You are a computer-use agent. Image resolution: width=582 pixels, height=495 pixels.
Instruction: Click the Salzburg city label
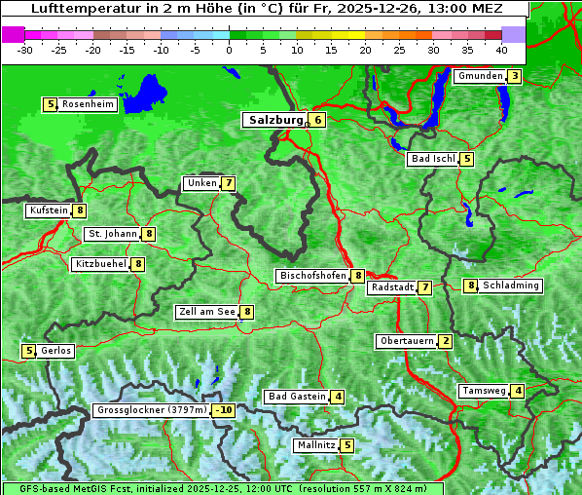[273, 120]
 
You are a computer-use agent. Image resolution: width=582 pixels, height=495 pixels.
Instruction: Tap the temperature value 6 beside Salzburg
[318, 120]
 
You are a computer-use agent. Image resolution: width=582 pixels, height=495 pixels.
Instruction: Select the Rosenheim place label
[88, 104]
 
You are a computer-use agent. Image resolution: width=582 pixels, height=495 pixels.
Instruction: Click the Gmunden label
[480, 76]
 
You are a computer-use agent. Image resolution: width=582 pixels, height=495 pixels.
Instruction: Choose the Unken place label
[201, 183]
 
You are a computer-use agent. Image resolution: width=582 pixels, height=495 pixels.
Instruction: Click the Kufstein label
[49, 210]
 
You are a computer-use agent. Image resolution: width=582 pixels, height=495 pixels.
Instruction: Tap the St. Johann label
[112, 234]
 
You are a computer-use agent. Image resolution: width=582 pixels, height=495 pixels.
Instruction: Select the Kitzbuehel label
[100, 264]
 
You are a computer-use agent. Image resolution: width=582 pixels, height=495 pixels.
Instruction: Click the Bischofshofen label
[312, 276]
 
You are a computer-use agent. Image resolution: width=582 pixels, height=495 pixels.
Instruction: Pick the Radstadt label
[392, 287]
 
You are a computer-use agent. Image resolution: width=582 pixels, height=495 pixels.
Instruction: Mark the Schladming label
[511, 286]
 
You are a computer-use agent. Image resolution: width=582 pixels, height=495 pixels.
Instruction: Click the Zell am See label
[207, 312]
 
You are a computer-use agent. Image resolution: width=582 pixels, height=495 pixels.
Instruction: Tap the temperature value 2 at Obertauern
[445, 341]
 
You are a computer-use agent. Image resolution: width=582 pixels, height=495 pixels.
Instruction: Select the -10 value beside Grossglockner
[224, 410]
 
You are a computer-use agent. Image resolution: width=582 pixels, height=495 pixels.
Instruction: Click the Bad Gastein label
[297, 397]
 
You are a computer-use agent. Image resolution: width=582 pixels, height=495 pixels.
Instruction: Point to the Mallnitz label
[316, 445]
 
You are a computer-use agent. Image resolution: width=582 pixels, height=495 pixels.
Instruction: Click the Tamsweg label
[484, 391]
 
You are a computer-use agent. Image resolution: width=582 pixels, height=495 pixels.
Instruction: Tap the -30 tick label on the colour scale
[25, 49]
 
